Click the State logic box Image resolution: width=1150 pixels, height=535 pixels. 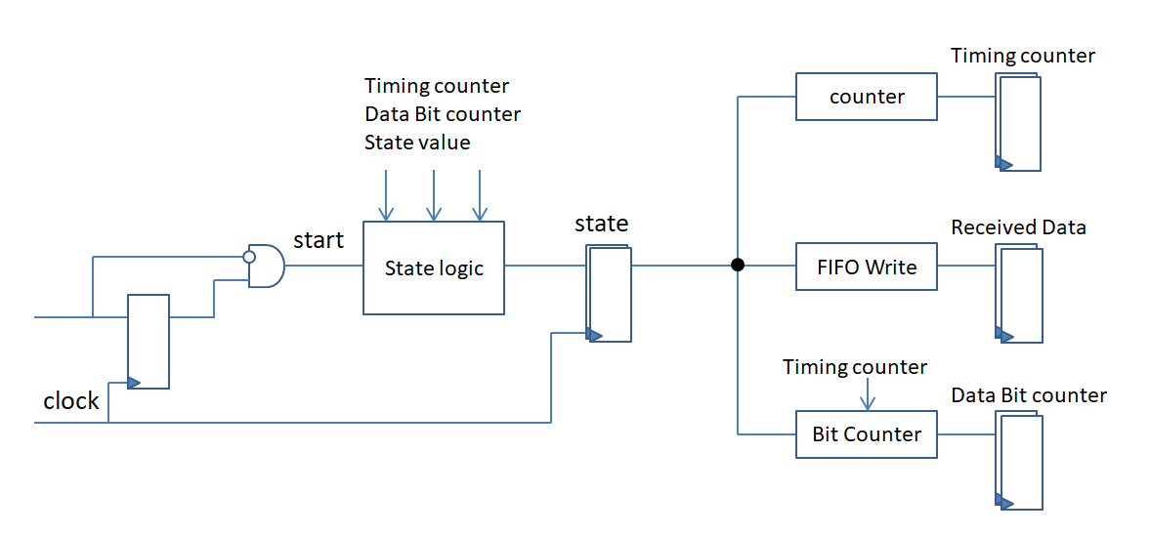point(434,267)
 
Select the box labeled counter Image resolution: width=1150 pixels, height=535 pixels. point(867,97)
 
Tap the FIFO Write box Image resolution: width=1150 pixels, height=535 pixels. point(867,266)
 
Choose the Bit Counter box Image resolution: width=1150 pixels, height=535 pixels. point(867,434)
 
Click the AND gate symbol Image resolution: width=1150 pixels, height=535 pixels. point(266,267)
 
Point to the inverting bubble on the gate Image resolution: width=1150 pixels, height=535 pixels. point(249,257)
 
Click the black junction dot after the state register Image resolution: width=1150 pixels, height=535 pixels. point(738,266)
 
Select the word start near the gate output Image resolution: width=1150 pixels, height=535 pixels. point(319,240)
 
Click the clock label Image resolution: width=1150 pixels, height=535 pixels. point(71,400)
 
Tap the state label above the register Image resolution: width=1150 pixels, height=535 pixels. point(601,224)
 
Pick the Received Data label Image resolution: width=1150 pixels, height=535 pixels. point(1018,227)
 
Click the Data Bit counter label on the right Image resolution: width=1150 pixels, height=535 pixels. point(1029,395)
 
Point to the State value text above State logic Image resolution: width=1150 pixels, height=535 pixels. point(417,143)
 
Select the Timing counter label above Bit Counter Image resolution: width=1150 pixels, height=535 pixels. point(855,367)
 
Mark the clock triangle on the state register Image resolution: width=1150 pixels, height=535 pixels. point(594,334)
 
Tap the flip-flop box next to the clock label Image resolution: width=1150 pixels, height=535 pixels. point(149,341)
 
